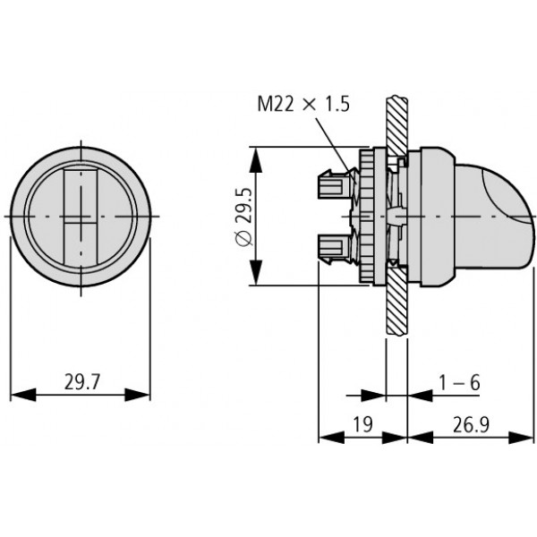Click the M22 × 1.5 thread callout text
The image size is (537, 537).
coord(303,104)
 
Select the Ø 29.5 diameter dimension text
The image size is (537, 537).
coord(244,217)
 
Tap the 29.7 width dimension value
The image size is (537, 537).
coord(81,382)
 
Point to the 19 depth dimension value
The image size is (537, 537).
coord(362,424)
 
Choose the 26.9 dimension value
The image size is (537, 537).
coord(472,424)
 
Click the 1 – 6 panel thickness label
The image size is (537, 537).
coord(460,382)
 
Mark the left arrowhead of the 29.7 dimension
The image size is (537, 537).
coord(23,395)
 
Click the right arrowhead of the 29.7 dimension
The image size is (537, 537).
coord(137,395)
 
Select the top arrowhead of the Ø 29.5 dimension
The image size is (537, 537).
coord(256,159)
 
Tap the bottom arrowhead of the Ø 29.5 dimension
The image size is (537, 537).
coord(256,272)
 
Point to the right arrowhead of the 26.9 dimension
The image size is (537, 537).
coord(521,438)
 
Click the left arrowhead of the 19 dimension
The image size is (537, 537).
coord(331,438)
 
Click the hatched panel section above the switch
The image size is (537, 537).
coord(396,126)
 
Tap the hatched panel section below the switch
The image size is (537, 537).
coord(396,301)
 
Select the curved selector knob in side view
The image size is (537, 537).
coord(493,217)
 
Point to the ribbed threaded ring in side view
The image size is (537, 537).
coord(365,216)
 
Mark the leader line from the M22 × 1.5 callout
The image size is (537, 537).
coord(336,151)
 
